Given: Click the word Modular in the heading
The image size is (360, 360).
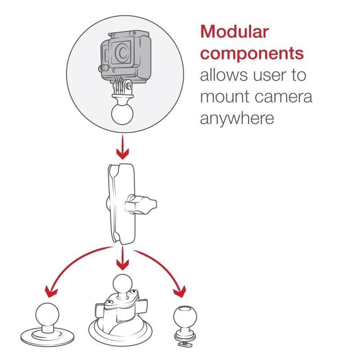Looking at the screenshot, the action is coord(234,31).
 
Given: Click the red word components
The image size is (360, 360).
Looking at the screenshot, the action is coord(252,54).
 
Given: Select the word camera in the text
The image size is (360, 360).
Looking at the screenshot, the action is coord(283,97).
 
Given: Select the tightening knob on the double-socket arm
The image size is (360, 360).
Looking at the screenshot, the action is coord(141,204).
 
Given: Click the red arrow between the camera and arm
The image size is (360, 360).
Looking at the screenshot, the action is coord(122,147).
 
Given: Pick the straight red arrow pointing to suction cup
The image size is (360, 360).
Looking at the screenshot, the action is coord(122,258).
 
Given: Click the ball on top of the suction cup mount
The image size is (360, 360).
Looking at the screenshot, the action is coord(122,284).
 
